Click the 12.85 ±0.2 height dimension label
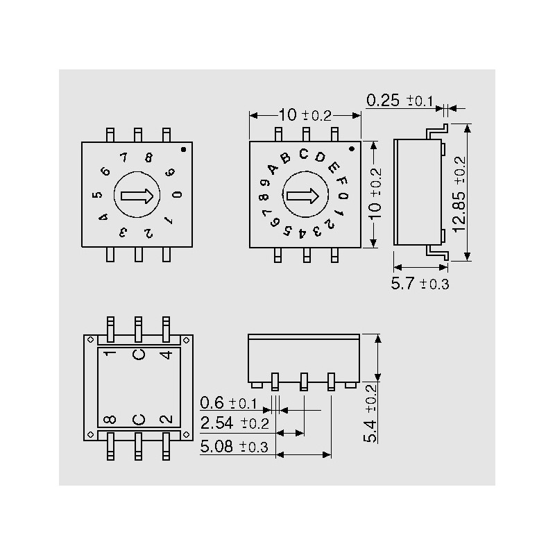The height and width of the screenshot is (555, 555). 459,194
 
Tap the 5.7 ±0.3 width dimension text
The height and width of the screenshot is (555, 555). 420,284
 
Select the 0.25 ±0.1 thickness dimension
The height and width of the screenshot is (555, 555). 400,101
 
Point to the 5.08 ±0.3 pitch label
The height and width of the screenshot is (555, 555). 234,446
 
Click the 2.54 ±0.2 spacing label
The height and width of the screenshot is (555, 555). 234,423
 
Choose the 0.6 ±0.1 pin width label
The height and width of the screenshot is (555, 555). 228,403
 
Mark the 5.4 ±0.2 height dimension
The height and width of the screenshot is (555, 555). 370,413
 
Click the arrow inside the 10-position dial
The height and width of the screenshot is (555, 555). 137,196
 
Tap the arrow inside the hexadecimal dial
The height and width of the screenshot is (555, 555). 302,196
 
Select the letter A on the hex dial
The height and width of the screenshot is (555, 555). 273,169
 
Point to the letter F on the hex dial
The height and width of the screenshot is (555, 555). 342,181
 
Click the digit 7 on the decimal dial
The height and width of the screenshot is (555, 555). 123,157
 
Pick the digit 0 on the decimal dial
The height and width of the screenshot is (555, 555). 178,194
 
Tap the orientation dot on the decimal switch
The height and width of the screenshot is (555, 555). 183,149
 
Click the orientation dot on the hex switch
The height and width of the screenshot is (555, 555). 352,149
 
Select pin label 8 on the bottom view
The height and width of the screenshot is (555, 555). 110,420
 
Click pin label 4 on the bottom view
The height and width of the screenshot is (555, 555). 166,355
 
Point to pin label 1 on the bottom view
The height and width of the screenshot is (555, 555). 111,352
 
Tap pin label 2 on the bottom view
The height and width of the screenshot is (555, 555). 166,419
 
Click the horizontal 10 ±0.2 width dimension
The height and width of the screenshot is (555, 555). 305,115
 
